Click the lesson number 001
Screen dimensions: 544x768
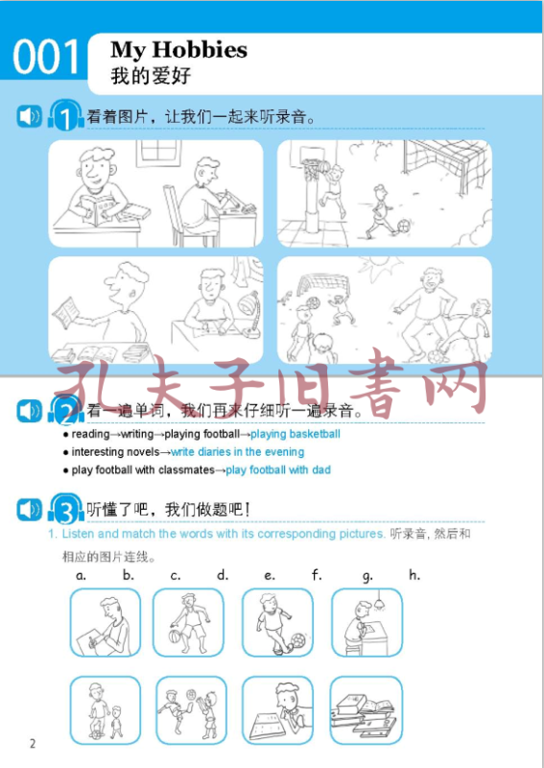(46, 57)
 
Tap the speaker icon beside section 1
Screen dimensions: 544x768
(30, 116)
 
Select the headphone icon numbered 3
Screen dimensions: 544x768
(66, 509)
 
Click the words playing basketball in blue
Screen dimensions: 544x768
(296, 434)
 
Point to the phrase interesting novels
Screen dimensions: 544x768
(115, 451)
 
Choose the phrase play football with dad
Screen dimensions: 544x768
(278, 470)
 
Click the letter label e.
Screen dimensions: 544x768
(270, 575)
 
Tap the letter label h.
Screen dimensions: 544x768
(414, 574)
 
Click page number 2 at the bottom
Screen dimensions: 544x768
(33, 743)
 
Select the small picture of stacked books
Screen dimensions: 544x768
(366, 710)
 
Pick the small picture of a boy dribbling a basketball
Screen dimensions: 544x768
(188, 622)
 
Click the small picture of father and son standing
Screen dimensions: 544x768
(106, 710)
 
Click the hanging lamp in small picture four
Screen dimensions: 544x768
(378, 601)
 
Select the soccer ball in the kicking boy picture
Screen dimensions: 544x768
(297, 639)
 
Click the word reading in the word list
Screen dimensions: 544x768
(90, 435)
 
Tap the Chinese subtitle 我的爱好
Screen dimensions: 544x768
(151, 77)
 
